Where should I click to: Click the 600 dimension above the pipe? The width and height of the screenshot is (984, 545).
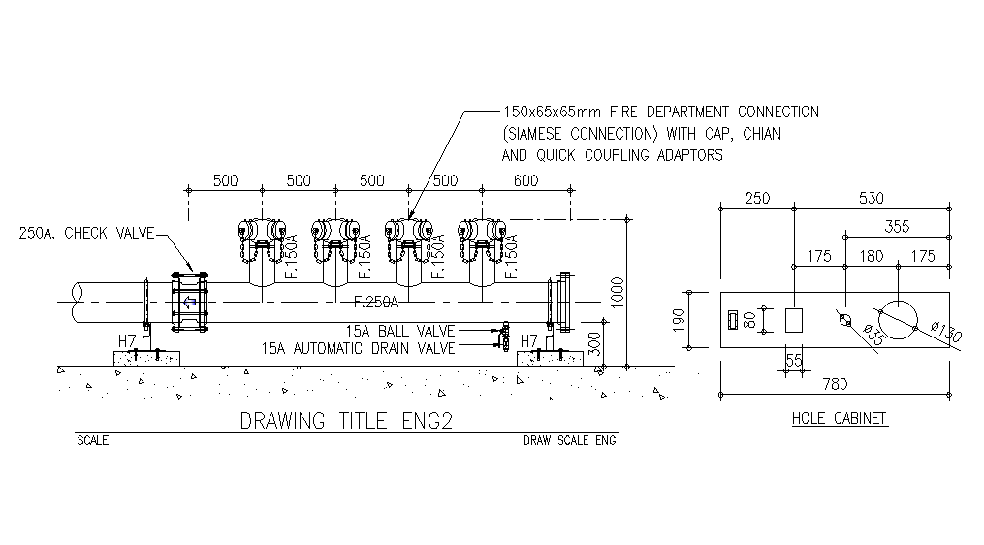coord(524,181)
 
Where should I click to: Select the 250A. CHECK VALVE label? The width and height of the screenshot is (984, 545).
coord(85,233)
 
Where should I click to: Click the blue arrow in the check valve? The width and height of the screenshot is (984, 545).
coord(190,303)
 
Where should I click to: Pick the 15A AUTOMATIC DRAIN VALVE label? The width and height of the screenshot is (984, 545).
coord(358,347)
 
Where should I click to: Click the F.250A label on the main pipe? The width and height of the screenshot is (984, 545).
coord(376,300)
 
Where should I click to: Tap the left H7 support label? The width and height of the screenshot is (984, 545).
coord(127,340)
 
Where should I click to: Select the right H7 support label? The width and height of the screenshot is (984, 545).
coord(528,340)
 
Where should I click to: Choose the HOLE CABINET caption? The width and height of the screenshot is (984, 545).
coord(839,419)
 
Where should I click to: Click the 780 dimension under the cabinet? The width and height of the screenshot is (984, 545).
coord(834,384)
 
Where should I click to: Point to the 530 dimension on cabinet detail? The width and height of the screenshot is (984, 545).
coord(871,199)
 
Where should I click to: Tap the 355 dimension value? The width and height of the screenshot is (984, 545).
coord(897,227)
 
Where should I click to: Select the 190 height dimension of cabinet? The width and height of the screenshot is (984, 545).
coord(679,318)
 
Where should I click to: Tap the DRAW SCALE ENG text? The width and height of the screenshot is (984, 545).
coord(569,440)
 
